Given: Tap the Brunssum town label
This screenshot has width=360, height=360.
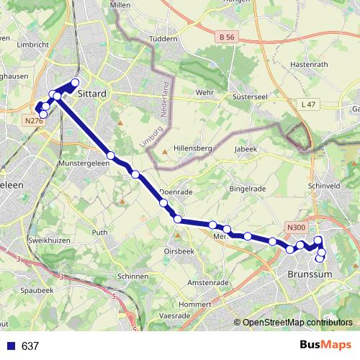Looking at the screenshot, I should [308, 275].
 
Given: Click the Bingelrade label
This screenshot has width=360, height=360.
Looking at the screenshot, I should [247, 189].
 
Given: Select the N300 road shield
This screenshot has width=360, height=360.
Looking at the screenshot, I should [295, 228].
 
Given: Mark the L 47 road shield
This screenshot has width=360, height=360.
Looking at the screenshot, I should [307, 104].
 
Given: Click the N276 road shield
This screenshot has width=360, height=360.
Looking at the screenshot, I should [33, 122].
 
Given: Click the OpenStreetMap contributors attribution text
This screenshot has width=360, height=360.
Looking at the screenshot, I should [297, 323].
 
